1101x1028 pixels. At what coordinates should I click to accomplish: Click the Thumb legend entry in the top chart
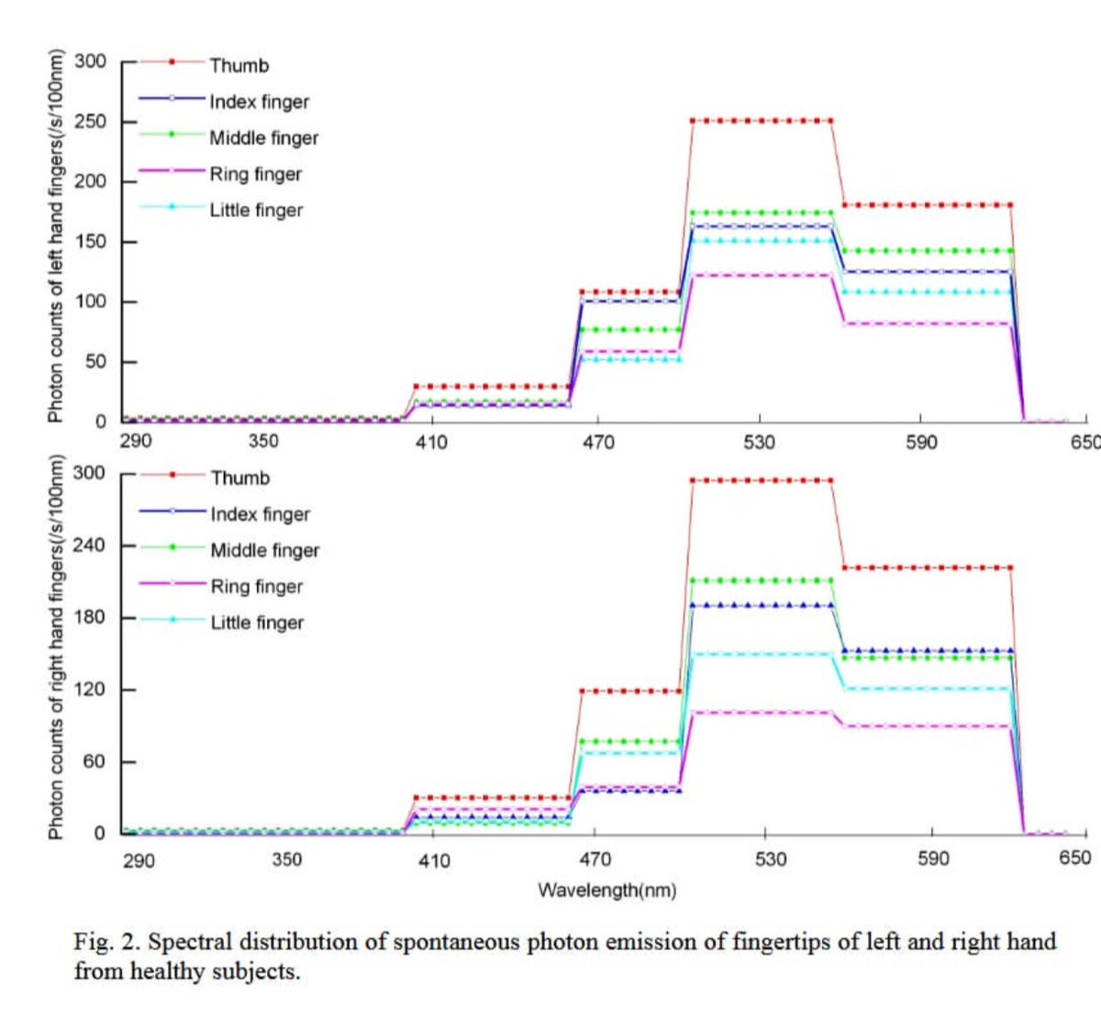pyautogui.click(x=239, y=65)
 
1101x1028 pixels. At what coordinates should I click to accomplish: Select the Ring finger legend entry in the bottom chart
pyautogui.click(x=256, y=586)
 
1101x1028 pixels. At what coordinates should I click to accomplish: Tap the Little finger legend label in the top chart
pyautogui.click(x=256, y=210)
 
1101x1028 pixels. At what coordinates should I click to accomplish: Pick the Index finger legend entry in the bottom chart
pyautogui.click(x=260, y=514)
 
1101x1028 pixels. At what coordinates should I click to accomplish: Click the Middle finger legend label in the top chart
pyautogui.click(x=263, y=138)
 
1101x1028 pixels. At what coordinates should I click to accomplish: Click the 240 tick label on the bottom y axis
pyautogui.click(x=90, y=545)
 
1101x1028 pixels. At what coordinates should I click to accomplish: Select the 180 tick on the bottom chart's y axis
pyautogui.click(x=90, y=617)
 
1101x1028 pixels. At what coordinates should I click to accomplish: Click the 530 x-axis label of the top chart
pyautogui.click(x=759, y=442)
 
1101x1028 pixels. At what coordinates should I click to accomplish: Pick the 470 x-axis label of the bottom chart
pyautogui.click(x=595, y=859)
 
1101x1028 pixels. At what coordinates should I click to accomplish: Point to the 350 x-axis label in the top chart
pyautogui.click(x=263, y=440)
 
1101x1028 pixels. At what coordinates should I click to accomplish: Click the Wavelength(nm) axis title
pyautogui.click(x=606, y=890)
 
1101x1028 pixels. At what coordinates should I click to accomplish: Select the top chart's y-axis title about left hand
pyautogui.click(x=56, y=235)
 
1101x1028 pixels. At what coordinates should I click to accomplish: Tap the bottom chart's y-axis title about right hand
pyautogui.click(x=56, y=647)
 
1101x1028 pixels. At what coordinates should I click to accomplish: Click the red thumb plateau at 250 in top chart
pyautogui.click(x=762, y=120)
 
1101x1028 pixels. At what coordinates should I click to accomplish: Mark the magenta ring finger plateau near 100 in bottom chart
pyautogui.click(x=762, y=712)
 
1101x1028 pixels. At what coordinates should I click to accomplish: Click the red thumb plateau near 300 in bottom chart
pyautogui.click(x=762, y=480)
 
